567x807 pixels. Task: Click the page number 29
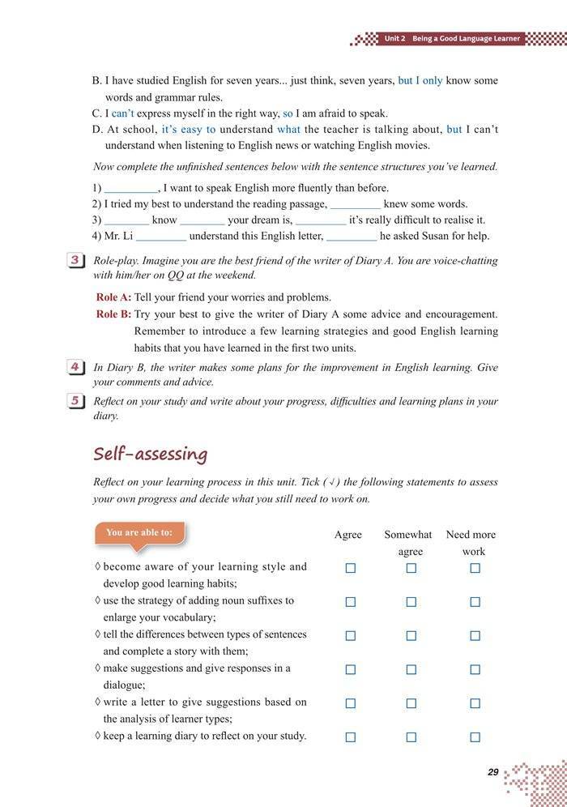coord(493,772)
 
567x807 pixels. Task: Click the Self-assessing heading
coord(150,453)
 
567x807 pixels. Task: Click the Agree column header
coord(348,535)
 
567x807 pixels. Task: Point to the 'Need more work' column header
coord(471,543)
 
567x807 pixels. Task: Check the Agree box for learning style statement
coord(351,568)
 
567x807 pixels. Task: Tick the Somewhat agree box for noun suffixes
coord(411,602)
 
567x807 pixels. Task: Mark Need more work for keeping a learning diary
coord(475,737)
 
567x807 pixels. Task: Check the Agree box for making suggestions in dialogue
coord(351,669)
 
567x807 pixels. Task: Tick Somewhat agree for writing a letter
coord(411,703)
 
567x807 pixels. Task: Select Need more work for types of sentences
coord(475,636)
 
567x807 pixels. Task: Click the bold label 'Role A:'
coord(113,297)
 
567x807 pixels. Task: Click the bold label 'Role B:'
coord(113,314)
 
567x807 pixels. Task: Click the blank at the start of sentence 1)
coord(130,188)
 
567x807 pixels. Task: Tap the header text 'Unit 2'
coord(394,38)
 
